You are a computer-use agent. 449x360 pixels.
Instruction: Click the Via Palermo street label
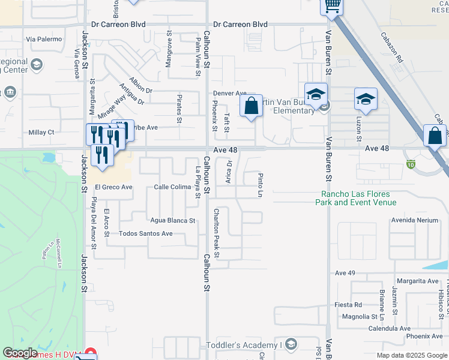(44, 39)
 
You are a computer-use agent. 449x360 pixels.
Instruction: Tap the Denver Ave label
(231, 94)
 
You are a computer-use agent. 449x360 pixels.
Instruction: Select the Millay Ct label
(41, 132)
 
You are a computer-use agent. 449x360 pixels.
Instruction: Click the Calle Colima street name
(172, 187)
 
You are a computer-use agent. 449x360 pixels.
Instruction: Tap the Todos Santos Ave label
(146, 233)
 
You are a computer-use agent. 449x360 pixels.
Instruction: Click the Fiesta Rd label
(349, 305)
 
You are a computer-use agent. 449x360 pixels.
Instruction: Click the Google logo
(20, 353)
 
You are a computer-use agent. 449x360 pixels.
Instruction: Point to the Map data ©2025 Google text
(411, 355)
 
